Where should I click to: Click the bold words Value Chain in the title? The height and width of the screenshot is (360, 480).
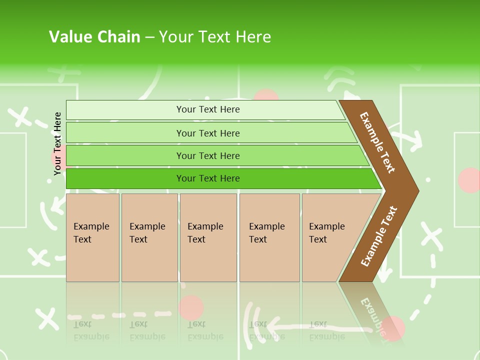94,37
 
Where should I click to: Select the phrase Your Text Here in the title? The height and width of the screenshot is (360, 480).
215,37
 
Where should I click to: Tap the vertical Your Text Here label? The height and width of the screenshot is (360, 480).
58,143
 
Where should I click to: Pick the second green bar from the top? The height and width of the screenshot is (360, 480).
207,133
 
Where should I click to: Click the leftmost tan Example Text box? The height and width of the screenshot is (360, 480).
92,237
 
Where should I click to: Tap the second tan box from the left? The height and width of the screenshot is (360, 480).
149,237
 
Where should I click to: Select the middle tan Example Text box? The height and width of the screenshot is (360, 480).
208,237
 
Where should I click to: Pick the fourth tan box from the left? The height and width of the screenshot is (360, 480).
269,237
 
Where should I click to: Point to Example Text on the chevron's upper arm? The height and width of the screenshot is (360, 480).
377,142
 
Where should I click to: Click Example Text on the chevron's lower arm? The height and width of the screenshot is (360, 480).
379,236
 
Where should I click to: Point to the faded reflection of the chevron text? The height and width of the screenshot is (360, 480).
372,315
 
